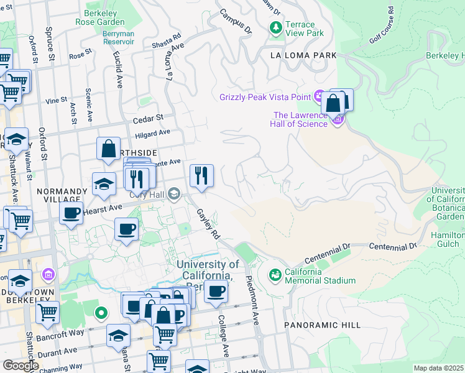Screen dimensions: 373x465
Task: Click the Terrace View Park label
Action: pos(305,27)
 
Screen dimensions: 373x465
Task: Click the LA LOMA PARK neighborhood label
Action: pos(303,55)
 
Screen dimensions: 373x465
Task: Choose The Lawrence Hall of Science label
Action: pos(300,119)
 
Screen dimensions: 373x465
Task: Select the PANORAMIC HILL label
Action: pos(322,325)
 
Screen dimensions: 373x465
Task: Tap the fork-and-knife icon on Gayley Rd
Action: pos(201,176)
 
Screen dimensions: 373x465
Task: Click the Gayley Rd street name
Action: pos(209,224)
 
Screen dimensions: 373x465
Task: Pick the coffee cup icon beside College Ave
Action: pos(216,290)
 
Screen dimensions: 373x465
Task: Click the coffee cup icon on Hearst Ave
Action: pos(71,212)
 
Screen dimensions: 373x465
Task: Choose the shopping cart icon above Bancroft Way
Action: pos(47,313)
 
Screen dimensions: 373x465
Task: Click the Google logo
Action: pos(21,366)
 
